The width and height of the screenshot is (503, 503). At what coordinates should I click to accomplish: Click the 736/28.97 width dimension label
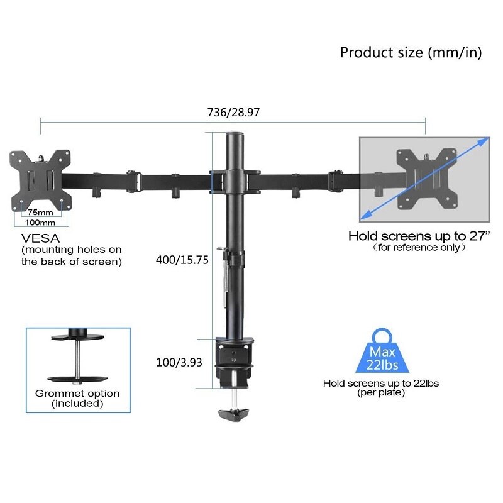[x=233, y=113]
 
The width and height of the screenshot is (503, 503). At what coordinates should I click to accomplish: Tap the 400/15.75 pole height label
[x=182, y=258]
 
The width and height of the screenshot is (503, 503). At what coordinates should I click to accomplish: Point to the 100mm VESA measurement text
[x=40, y=223]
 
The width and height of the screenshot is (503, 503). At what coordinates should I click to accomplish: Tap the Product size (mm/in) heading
[x=411, y=52]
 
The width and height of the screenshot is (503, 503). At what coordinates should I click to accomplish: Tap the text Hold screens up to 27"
[x=419, y=236]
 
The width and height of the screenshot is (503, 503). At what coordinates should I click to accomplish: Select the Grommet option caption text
[x=77, y=394]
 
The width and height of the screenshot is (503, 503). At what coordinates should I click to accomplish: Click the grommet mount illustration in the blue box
[x=77, y=355]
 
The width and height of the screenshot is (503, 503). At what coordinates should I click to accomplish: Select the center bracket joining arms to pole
[x=235, y=179]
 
